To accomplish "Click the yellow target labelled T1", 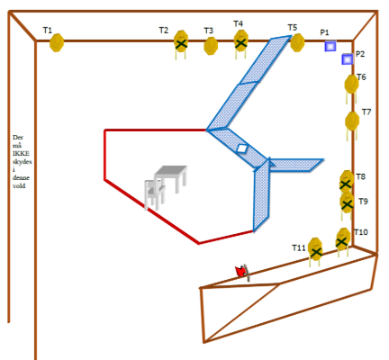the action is [57, 42].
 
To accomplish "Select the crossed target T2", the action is [181, 42].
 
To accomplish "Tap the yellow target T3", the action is [211, 46].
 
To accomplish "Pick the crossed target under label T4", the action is [241, 41].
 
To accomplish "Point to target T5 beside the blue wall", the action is [297, 42].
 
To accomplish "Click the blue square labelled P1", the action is [330, 46].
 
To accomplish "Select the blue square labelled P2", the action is [348, 59].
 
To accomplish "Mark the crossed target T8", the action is [347, 182].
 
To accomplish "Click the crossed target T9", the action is [347, 203].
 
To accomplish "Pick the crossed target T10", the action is [343, 239].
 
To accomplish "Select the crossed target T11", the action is [315, 249].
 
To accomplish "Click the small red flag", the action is [241, 271].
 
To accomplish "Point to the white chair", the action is [154, 194].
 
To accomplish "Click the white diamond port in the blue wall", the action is [241, 148].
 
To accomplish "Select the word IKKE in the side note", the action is [21, 153].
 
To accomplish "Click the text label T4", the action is [239, 23].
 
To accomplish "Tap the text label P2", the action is [360, 54].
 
